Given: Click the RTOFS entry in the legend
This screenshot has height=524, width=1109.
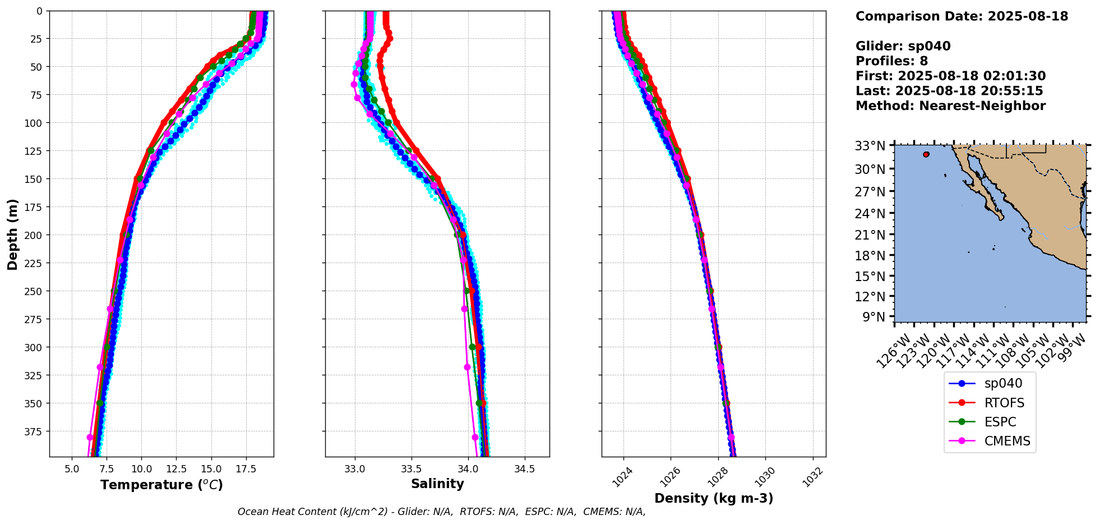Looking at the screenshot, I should click(1004, 403).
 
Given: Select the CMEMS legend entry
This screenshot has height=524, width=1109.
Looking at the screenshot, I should click(1007, 441).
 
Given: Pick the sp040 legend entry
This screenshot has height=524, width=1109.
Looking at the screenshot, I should click(1003, 384).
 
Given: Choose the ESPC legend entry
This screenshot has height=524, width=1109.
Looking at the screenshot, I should click(1000, 422).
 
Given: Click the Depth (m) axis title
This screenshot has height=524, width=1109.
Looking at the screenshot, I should click(12, 234).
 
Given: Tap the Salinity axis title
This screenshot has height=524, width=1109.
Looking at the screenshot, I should click(437, 484).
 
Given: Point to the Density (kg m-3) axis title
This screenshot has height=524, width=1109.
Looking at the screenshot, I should click(714, 498).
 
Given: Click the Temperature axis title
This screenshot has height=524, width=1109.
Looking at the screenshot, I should click(161, 485).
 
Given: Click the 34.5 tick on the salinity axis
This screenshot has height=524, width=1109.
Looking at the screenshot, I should click(524, 468).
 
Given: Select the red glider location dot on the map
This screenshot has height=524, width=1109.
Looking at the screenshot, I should click(926, 154).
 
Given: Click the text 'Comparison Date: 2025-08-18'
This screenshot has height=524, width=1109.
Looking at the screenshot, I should click(962, 16).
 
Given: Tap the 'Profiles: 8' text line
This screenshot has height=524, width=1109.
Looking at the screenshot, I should click(891, 61).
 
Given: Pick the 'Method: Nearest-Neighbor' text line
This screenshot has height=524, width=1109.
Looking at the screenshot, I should click(950, 106).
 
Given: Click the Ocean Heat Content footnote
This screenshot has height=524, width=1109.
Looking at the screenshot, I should click(441, 512).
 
